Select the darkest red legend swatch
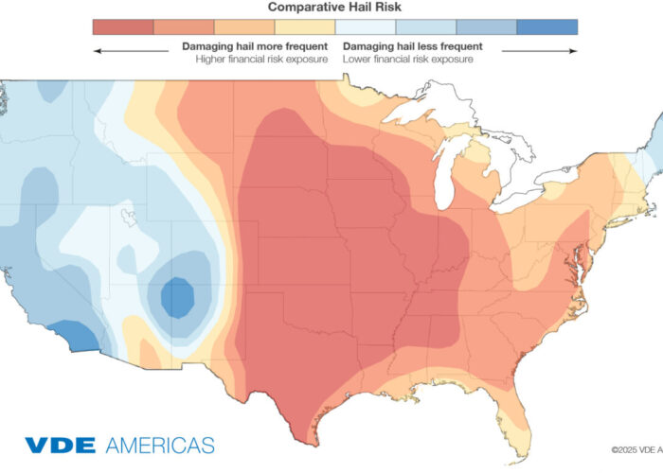pos(122,26)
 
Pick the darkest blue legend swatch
pos(547,26)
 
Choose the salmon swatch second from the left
pos(183,26)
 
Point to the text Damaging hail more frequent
pos(255,45)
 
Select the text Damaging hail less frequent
pos(414,45)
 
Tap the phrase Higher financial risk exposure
pos(262,60)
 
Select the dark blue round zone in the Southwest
pos(177,298)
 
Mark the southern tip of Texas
pos(305,439)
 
